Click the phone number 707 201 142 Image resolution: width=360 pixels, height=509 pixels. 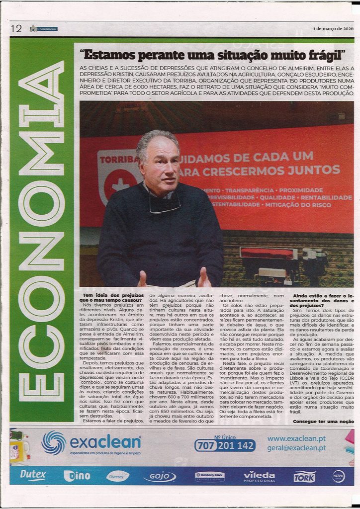[225, 445]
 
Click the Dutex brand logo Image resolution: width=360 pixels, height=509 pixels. [33, 476]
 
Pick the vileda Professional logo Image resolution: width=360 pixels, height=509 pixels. [259, 476]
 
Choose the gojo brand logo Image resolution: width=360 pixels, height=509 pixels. [159, 477]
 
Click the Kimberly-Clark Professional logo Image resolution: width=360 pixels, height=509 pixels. [209, 476]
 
